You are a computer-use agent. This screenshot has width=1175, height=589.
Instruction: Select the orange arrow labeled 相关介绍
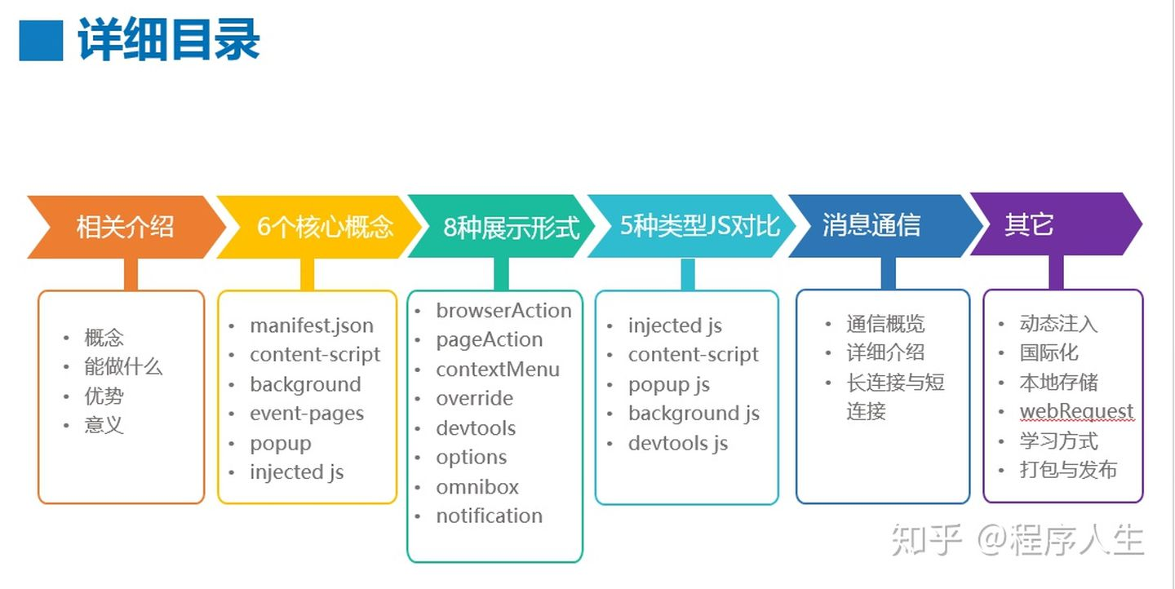click(125, 226)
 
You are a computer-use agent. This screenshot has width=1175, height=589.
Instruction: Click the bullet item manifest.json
click(312, 325)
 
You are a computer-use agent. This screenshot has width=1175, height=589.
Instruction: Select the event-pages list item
click(307, 414)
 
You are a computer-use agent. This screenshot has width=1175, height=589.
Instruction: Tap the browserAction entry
click(503, 311)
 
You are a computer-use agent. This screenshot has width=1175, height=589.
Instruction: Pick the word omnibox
click(477, 487)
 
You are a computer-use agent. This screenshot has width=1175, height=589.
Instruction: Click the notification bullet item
click(489, 516)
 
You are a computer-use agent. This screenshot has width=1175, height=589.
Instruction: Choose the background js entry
click(694, 414)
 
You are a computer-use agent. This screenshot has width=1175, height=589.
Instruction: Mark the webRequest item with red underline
click(1076, 411)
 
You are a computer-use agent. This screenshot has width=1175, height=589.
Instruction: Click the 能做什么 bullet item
click(123, 367)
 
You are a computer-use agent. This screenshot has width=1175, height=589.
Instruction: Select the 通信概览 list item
click(885, 324)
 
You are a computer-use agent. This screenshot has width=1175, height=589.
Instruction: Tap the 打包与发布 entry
click(1068, 470)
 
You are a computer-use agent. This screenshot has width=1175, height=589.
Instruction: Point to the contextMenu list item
click(498, 370)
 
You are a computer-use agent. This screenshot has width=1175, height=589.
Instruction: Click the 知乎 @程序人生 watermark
click(1017, 540)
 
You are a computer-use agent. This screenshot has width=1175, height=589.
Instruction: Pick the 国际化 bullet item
click(1049, 352)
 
